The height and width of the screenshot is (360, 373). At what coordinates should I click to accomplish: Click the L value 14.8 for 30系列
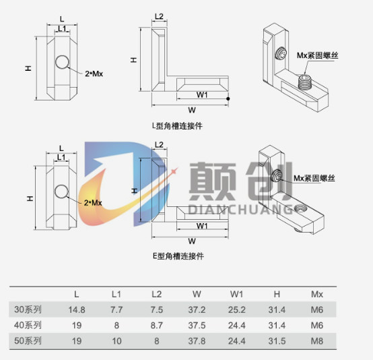pos(77,309)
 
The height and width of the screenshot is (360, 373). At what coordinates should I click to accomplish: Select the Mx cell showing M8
pos(317,341)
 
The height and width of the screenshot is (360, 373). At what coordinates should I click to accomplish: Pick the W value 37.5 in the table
pos(197,326)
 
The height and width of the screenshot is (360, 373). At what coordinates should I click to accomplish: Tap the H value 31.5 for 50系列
pos(277,341)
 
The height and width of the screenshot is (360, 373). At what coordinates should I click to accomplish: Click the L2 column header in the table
pos(156,294)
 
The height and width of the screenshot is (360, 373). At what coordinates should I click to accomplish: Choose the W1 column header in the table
pos(237,294)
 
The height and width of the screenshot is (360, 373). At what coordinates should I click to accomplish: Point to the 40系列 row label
pos(28,325)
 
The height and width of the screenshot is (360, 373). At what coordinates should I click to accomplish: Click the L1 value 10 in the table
pos(116,341)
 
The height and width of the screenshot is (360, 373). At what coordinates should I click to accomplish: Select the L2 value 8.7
pos(156,326)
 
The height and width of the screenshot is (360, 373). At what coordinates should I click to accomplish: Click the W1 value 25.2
pos(237,309)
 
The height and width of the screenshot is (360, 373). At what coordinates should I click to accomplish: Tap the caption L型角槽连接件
pos(177,125)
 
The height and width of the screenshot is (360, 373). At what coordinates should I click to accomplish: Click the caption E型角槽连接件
pos(178,256)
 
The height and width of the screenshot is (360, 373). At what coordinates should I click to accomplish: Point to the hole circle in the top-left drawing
pos(63,62)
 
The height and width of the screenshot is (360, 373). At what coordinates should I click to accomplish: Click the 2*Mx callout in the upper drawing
pos(94,73)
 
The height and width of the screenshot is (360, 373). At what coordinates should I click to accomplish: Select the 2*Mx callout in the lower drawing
pos(93,203)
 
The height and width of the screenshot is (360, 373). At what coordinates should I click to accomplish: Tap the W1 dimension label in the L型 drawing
pos(202,94)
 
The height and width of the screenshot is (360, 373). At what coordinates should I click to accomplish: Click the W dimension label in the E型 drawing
pos(192,241)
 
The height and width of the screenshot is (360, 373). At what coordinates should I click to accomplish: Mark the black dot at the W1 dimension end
pos(228,98)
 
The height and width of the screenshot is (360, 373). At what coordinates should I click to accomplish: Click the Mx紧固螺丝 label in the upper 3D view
pos(317,55)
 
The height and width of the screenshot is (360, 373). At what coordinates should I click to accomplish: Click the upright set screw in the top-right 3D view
pos(304,82)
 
